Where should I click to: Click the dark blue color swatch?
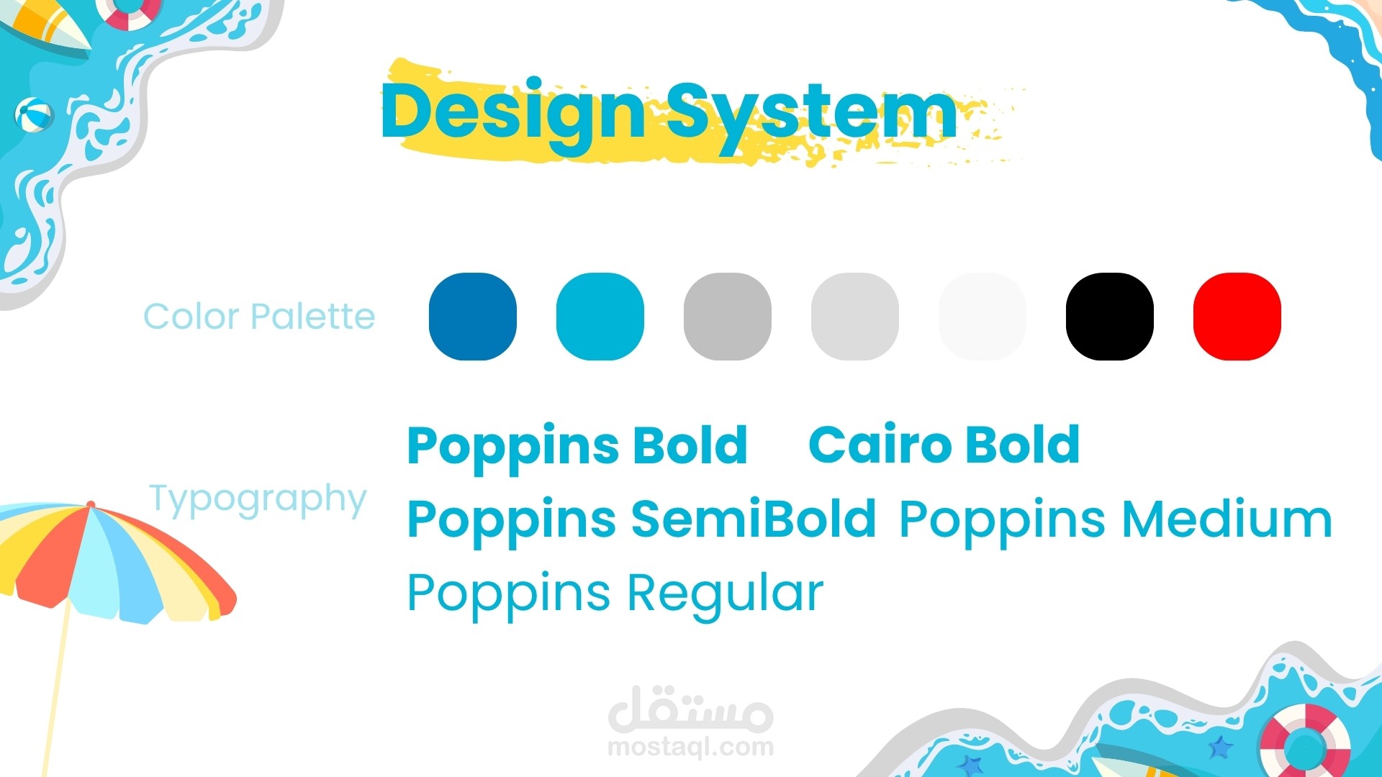click(473, 317)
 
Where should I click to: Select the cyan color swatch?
click(600, 317)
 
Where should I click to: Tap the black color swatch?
click(1110, 317)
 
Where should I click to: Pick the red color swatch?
click(1237, 317)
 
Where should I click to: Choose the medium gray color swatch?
click(728, 317)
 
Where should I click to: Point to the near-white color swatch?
click(983, 317)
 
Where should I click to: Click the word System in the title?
click(812, 115)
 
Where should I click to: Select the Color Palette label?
click(259, 317)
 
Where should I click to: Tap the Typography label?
click(258, 500)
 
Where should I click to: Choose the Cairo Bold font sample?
click(944, 445)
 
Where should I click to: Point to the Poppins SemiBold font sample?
click(641, 521)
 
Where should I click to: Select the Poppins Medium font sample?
click(1116, 521)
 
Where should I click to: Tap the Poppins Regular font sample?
click(615, 595)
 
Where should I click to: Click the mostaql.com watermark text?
click(691, 748)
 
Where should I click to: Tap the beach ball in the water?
click(34, 115)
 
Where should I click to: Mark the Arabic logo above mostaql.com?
click(691, 708)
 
